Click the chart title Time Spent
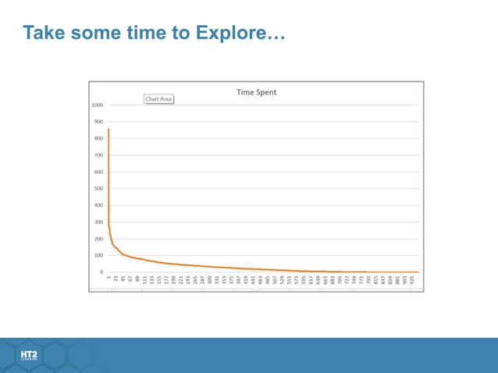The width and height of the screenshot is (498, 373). coord(256,92)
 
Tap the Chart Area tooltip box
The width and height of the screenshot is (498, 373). coord(158,99)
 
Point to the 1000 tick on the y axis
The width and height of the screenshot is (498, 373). coord(97,105)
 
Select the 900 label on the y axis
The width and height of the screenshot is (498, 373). coord(98,122)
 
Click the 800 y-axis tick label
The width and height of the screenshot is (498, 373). coord(98,139)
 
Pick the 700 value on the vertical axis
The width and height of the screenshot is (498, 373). coord(98,155)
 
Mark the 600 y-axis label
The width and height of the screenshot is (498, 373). coord(98,172)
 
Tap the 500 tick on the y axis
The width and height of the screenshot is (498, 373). coord(98,189)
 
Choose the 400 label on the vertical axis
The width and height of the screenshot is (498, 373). coord(98,205)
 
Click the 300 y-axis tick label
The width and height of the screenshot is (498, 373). coord(98,222)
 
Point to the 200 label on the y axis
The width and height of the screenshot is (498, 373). coord(98,239)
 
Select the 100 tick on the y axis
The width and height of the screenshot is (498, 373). coord(98,255)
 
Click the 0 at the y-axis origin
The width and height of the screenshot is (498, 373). coord(101,272)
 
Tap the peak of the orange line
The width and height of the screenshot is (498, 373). coord(108,130)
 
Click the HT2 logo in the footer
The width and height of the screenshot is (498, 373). coord(29,356)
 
